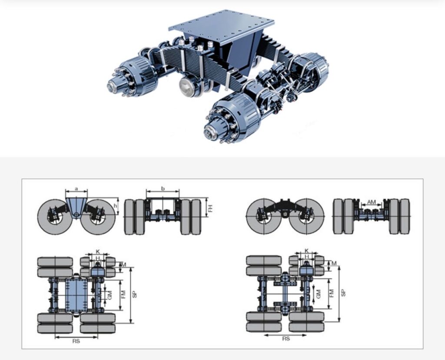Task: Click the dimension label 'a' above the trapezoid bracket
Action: [76, 188]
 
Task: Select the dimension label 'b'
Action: [163, 188]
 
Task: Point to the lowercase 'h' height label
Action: [115, 206]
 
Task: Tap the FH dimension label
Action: [210, 208]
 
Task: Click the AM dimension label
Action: [372, 202]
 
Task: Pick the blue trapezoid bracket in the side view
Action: [76, 208]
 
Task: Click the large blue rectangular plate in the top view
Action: [76, 295]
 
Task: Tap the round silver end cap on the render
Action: [188, 86]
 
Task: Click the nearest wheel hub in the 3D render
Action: [227, 119]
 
